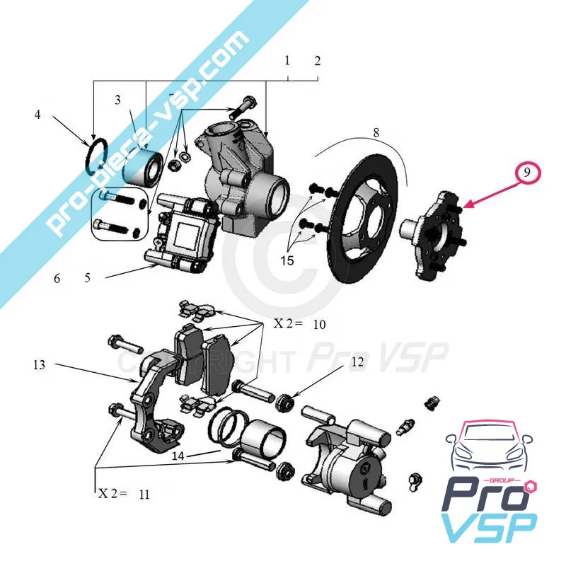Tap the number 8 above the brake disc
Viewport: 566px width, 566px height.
coord(376,132)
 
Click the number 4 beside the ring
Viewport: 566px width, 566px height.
coord(37,114)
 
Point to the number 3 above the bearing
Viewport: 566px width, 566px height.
coord(118,100)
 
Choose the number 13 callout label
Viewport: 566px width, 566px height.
coord(39,365)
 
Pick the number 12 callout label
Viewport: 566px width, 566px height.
coord(358,362)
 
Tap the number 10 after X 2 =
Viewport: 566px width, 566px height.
coord(319,324)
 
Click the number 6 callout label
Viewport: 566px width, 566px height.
coord(57,278)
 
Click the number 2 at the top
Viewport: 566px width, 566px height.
coord(318,61)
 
